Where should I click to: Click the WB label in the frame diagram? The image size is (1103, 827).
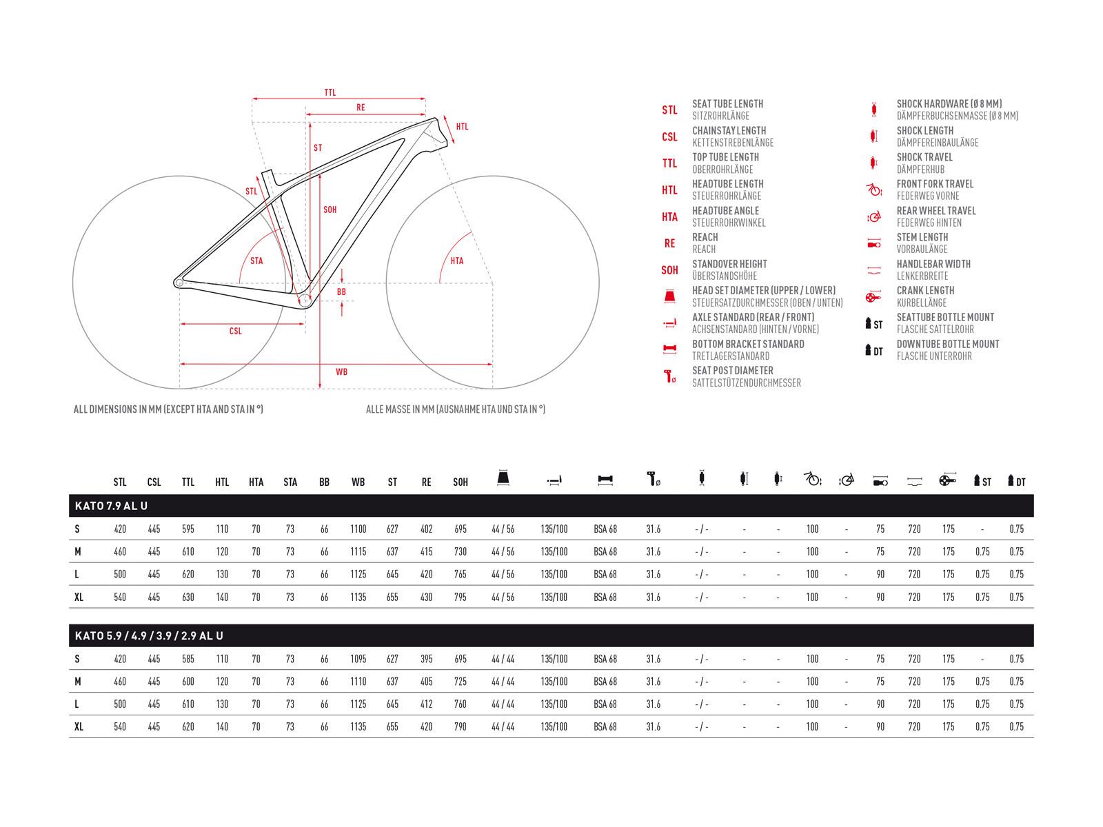341,372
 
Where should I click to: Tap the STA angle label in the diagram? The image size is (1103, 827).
256,261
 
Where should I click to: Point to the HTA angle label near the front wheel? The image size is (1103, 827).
457,261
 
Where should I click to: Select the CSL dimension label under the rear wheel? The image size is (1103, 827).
236,331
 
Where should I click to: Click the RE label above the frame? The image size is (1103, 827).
361,108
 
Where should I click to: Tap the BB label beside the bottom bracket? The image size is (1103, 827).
341,292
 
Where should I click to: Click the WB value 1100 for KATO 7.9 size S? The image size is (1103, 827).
358,529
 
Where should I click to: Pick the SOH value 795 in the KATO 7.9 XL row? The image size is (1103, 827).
461,598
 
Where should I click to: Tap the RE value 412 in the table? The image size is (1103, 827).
427,704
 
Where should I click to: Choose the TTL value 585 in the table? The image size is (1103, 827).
188,659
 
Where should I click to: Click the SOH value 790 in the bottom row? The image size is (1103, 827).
461,727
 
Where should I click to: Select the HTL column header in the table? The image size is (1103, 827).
222,482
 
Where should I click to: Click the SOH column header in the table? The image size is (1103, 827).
461,482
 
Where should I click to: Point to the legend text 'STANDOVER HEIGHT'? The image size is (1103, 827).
729,264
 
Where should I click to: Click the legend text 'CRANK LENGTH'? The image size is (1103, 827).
925,291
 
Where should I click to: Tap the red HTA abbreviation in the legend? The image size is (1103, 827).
669,217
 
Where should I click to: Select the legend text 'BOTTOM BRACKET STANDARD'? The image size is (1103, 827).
748,344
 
